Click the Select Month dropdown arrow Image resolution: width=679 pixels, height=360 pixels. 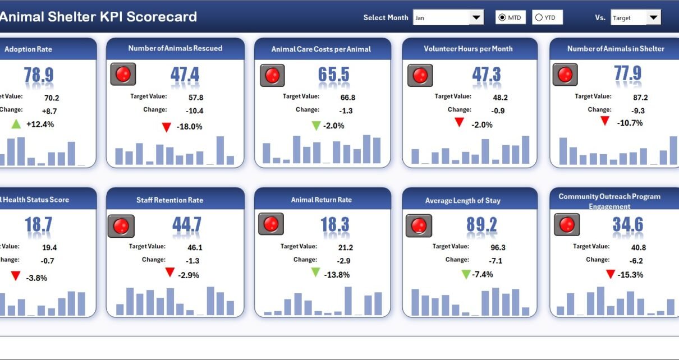coord(476,18)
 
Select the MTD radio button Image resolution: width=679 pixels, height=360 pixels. coord(502,18)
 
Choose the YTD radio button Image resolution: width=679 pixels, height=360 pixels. coord(539,18)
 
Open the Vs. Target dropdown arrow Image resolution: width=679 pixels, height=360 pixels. coord(653,18)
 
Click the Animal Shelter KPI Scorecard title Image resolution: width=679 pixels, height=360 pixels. coord(98,17)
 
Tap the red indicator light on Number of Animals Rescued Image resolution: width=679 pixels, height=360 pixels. coord(123,74)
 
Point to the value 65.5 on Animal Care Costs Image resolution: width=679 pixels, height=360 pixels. coord(333,75)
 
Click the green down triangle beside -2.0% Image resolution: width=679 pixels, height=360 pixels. coord(316,125)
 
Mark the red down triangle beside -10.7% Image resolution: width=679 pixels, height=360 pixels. coord(604,121)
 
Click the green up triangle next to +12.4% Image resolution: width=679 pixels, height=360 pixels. coord(16,124)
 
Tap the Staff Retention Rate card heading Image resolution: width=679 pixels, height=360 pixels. coord(169,200)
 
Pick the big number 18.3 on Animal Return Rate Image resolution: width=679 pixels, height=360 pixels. coord(334,225)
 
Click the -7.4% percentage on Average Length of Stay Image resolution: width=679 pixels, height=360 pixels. coord(483,274)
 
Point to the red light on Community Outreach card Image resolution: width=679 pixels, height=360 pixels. coord(567,225)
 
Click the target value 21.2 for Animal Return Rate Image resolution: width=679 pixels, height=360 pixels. coord(346,248)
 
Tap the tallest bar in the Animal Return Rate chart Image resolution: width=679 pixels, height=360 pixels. coord(348,301)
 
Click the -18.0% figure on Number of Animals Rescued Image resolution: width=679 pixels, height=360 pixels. coord(189,127)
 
